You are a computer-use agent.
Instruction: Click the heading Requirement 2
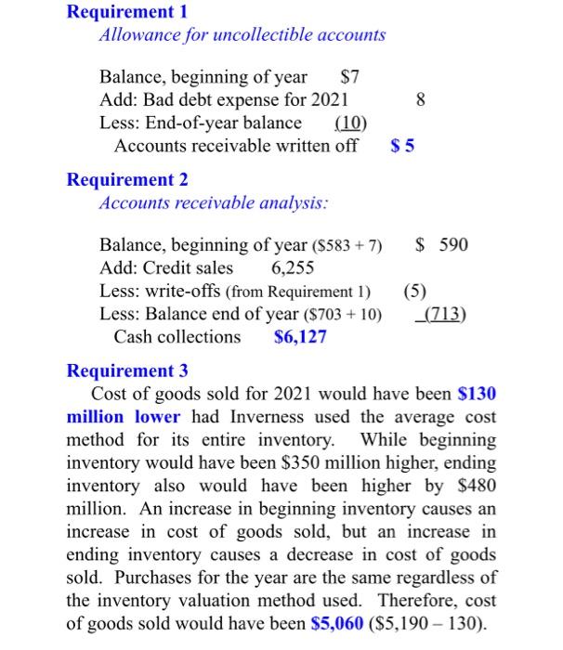127,179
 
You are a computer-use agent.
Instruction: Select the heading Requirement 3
127,371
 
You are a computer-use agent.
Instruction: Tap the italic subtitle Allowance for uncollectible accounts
242,35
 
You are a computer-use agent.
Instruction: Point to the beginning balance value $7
350,76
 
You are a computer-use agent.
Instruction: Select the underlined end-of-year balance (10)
350,123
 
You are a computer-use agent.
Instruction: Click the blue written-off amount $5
402,146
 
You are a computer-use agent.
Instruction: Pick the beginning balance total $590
441,245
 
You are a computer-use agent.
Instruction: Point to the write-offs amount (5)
414,291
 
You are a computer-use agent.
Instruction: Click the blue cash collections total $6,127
300,337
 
